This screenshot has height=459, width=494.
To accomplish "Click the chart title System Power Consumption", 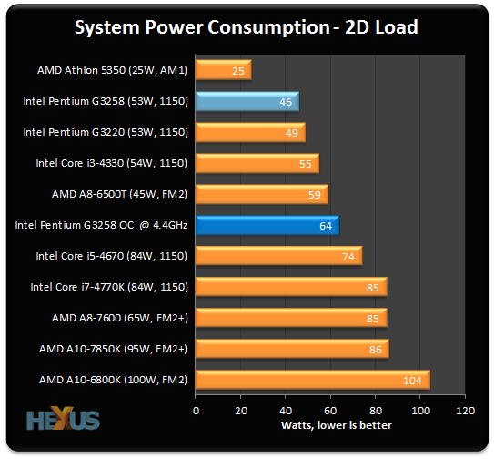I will click(247, 26).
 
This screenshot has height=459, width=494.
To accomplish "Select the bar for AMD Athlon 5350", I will click(223, 70).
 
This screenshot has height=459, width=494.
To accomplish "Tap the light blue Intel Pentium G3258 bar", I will click(247, 102).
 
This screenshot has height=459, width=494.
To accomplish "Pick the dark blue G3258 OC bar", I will click(267, 225).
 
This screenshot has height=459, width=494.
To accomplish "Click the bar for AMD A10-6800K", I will click(312, 380).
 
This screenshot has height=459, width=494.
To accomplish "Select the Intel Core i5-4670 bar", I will click(278, 256).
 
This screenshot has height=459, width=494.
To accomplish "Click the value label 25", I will click(238, 70).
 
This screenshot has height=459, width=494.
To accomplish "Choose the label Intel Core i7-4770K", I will click(109, 287).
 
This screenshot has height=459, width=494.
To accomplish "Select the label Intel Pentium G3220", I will click(106, 132).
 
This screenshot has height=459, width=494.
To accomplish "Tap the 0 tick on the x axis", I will click(196, 410).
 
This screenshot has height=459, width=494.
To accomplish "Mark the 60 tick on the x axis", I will click(330, 410).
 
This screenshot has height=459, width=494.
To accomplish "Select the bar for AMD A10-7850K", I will click(291, 349).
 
